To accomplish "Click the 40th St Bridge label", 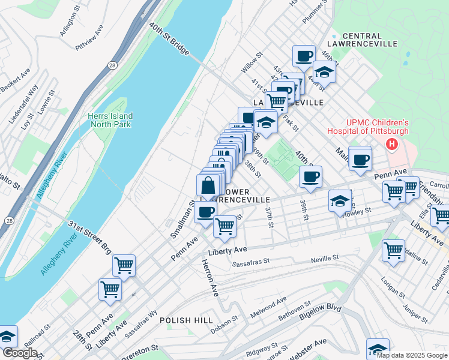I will click(x=170, y=40).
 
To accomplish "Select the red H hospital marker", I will click(x=392, y=144).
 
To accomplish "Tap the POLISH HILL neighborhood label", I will click(x=186, y=320).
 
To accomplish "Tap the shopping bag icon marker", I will click(x=208, y=186).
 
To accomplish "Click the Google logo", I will click(x=20, y=353).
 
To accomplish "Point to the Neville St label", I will click(x=325, y=259).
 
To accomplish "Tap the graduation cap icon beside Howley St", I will click(x=340, y=201).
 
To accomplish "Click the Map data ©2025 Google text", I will click(x=411, y=355).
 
